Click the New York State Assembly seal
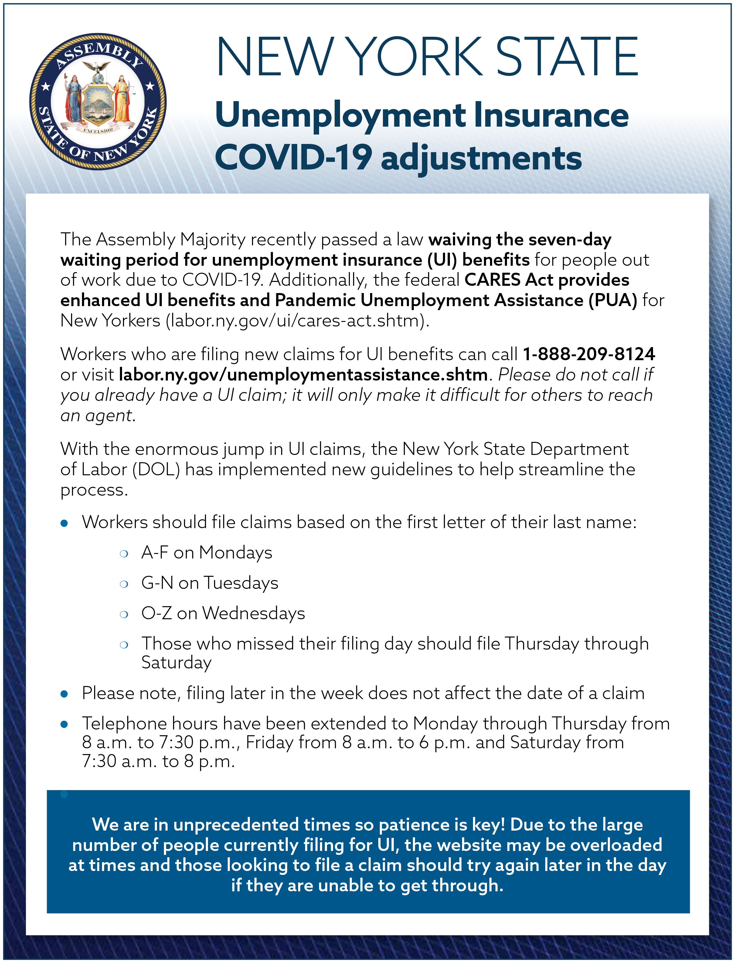[x=98, y=101]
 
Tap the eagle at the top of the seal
[x=97, y=68]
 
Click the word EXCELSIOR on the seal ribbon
[x=98, y=130]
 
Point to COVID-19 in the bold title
[x=293, y=158]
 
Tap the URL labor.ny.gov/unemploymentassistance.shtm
[x=303, y=374]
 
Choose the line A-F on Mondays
[x=206, y=553]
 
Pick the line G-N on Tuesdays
[x=209, y=583]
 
